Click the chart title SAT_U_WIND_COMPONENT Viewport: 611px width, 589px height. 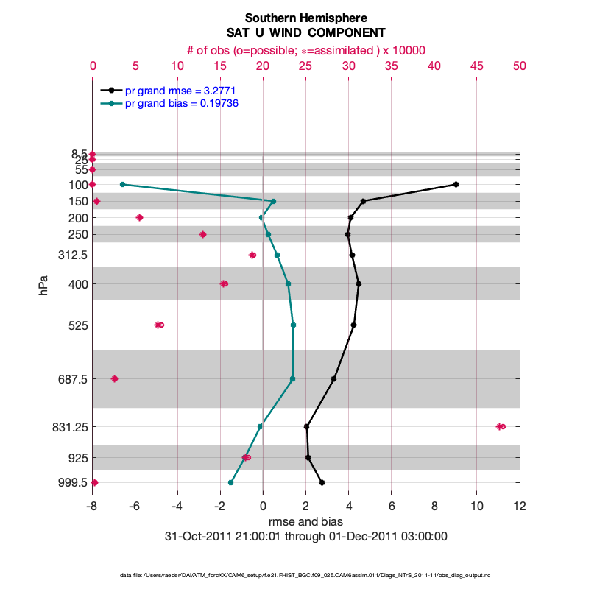pyautogui.click(x=305, y=33)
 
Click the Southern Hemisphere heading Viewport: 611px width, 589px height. pyautogui.click(x=305, y=18)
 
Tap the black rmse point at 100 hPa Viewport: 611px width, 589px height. pyautogui.click(x=456, y=184)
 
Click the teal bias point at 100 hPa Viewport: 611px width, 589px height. pyautogui.click(x=122, y=184)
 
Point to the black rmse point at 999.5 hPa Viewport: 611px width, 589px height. pyautogui.click(x=322, y=482)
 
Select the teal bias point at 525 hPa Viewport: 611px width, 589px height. pyautogui.click(x=293, y=325)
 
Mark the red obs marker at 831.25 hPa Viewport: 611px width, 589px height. pyautogui.click(x=501, y=426)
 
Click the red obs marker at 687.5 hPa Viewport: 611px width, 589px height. pyautogui.click(x=114, y=378)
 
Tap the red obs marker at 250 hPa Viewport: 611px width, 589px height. pyautogui.click(x=202, y=234)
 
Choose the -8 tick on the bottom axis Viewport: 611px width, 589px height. pyautogui.click(x=92, y=507)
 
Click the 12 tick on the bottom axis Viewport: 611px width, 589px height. pyautogui.click(x=520, y=507)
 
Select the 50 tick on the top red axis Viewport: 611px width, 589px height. pyautogui.click(x=520, y=66)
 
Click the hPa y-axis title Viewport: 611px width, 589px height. pyautogui.click(x=45, y=286)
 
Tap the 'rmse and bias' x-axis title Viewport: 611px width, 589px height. pyautogui.click(x=305, y=522)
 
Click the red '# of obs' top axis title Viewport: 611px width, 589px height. pyautogui.click(x=305, y=50)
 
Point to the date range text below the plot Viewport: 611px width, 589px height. pyautogui.click(x=305, y=536)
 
